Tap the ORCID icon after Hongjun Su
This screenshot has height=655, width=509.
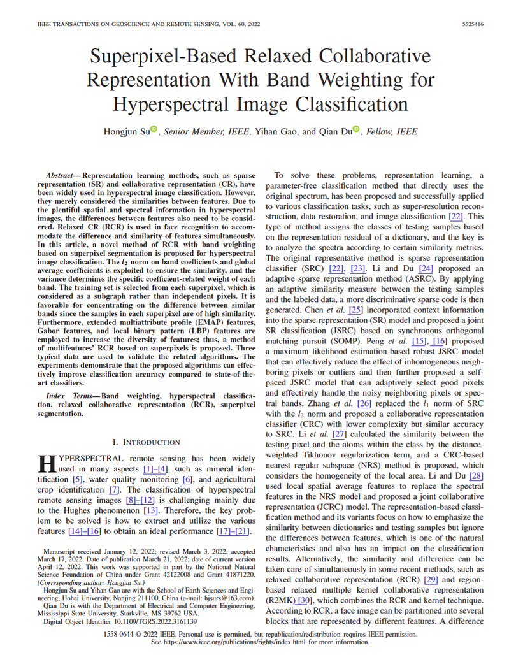(154, 129)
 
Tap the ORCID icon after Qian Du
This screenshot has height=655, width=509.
(355, 129)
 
